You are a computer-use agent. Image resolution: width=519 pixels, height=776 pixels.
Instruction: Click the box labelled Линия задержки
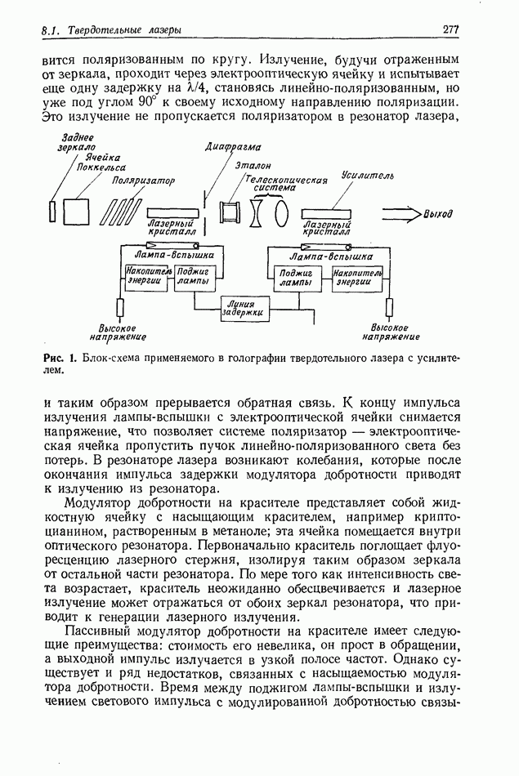[244, 307]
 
